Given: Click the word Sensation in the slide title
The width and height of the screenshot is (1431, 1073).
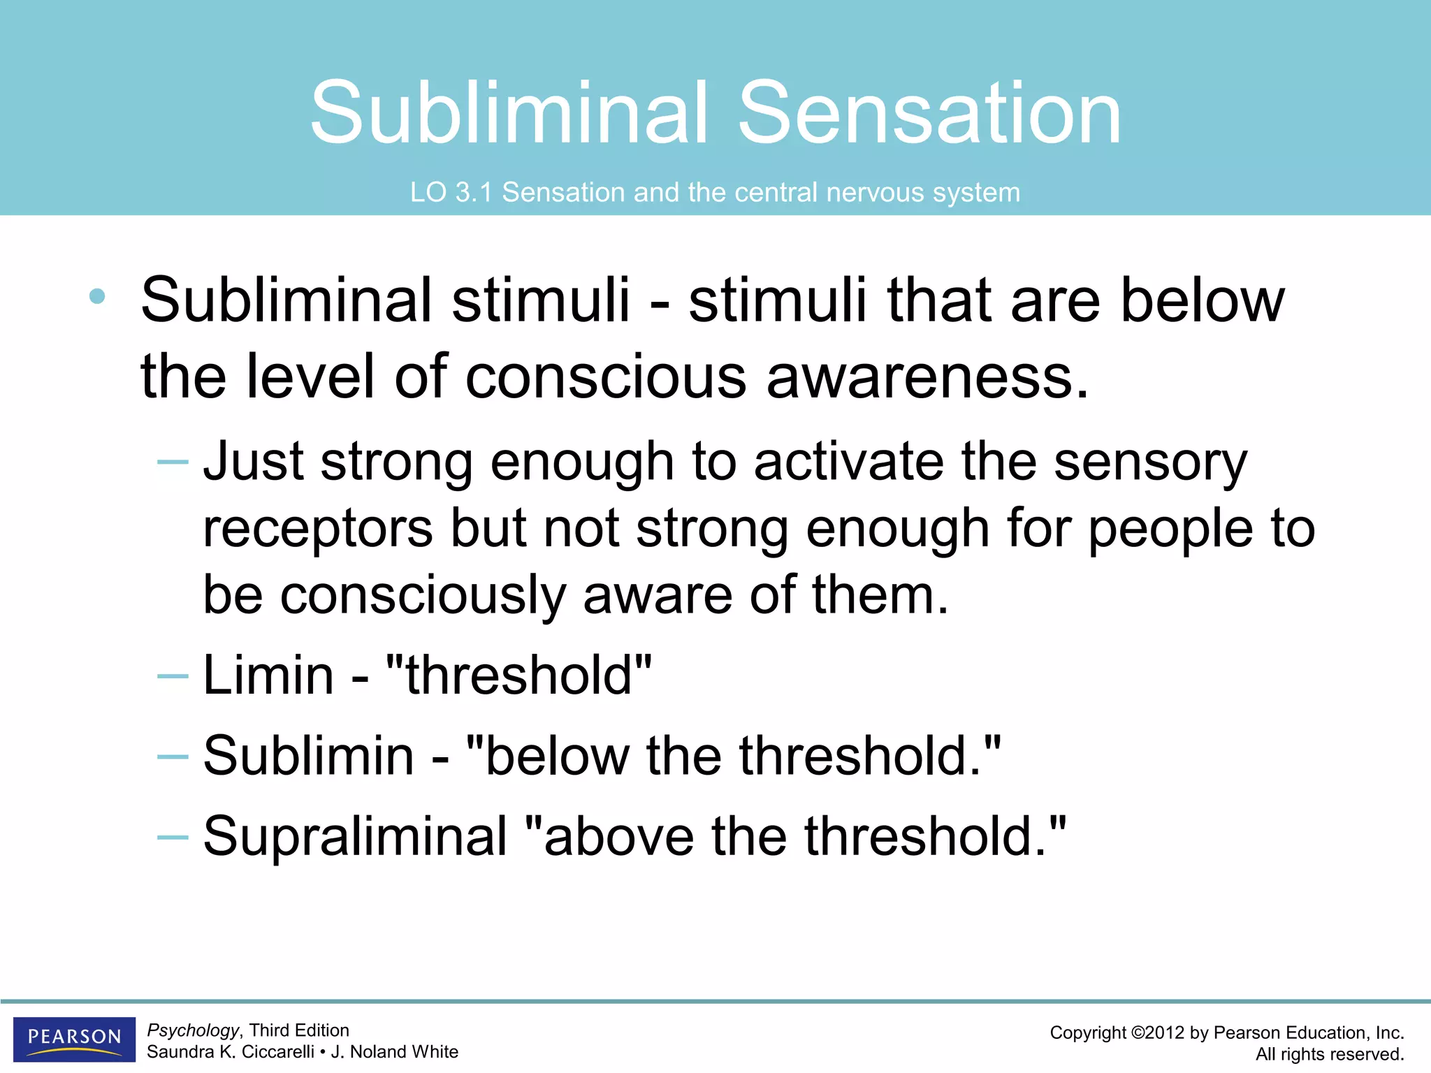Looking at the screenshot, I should (x=929, y=113).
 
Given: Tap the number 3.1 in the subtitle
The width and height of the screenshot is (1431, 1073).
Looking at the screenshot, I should (x=474, y=192).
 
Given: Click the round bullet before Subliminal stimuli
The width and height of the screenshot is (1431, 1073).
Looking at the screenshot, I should (x=98, y=296).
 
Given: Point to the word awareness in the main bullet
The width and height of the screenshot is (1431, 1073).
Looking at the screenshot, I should (x=928, y=377).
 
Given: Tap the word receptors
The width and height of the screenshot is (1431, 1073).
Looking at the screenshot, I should (x=318, y=528).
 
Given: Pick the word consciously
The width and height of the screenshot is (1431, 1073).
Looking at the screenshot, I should (x=422, y=595).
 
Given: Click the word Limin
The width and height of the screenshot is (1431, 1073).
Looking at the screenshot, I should (x=269, y=676).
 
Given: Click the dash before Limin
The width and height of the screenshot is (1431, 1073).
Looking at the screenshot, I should (x=173, y=676).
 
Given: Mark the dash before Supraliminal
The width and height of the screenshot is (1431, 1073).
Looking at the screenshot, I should (x=173, y=836).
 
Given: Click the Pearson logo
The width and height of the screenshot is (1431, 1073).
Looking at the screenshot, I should (x=74, y=1039).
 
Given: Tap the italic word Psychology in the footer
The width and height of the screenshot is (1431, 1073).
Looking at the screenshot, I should (x=193, y=1030).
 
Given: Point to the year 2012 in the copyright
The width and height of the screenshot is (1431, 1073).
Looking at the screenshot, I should (x=1166, y=1033).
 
